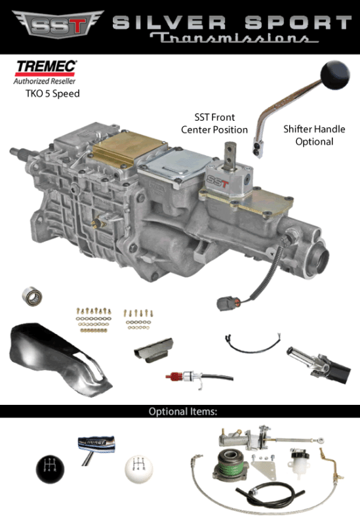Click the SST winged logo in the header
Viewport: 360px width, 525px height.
[x=54, y=26]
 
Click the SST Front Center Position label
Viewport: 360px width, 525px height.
[x=214, y=124]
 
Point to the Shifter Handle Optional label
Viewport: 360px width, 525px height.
[x=308, y=135]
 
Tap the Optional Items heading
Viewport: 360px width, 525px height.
[x=182, y=412]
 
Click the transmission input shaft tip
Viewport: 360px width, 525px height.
[x=15, y=153]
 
